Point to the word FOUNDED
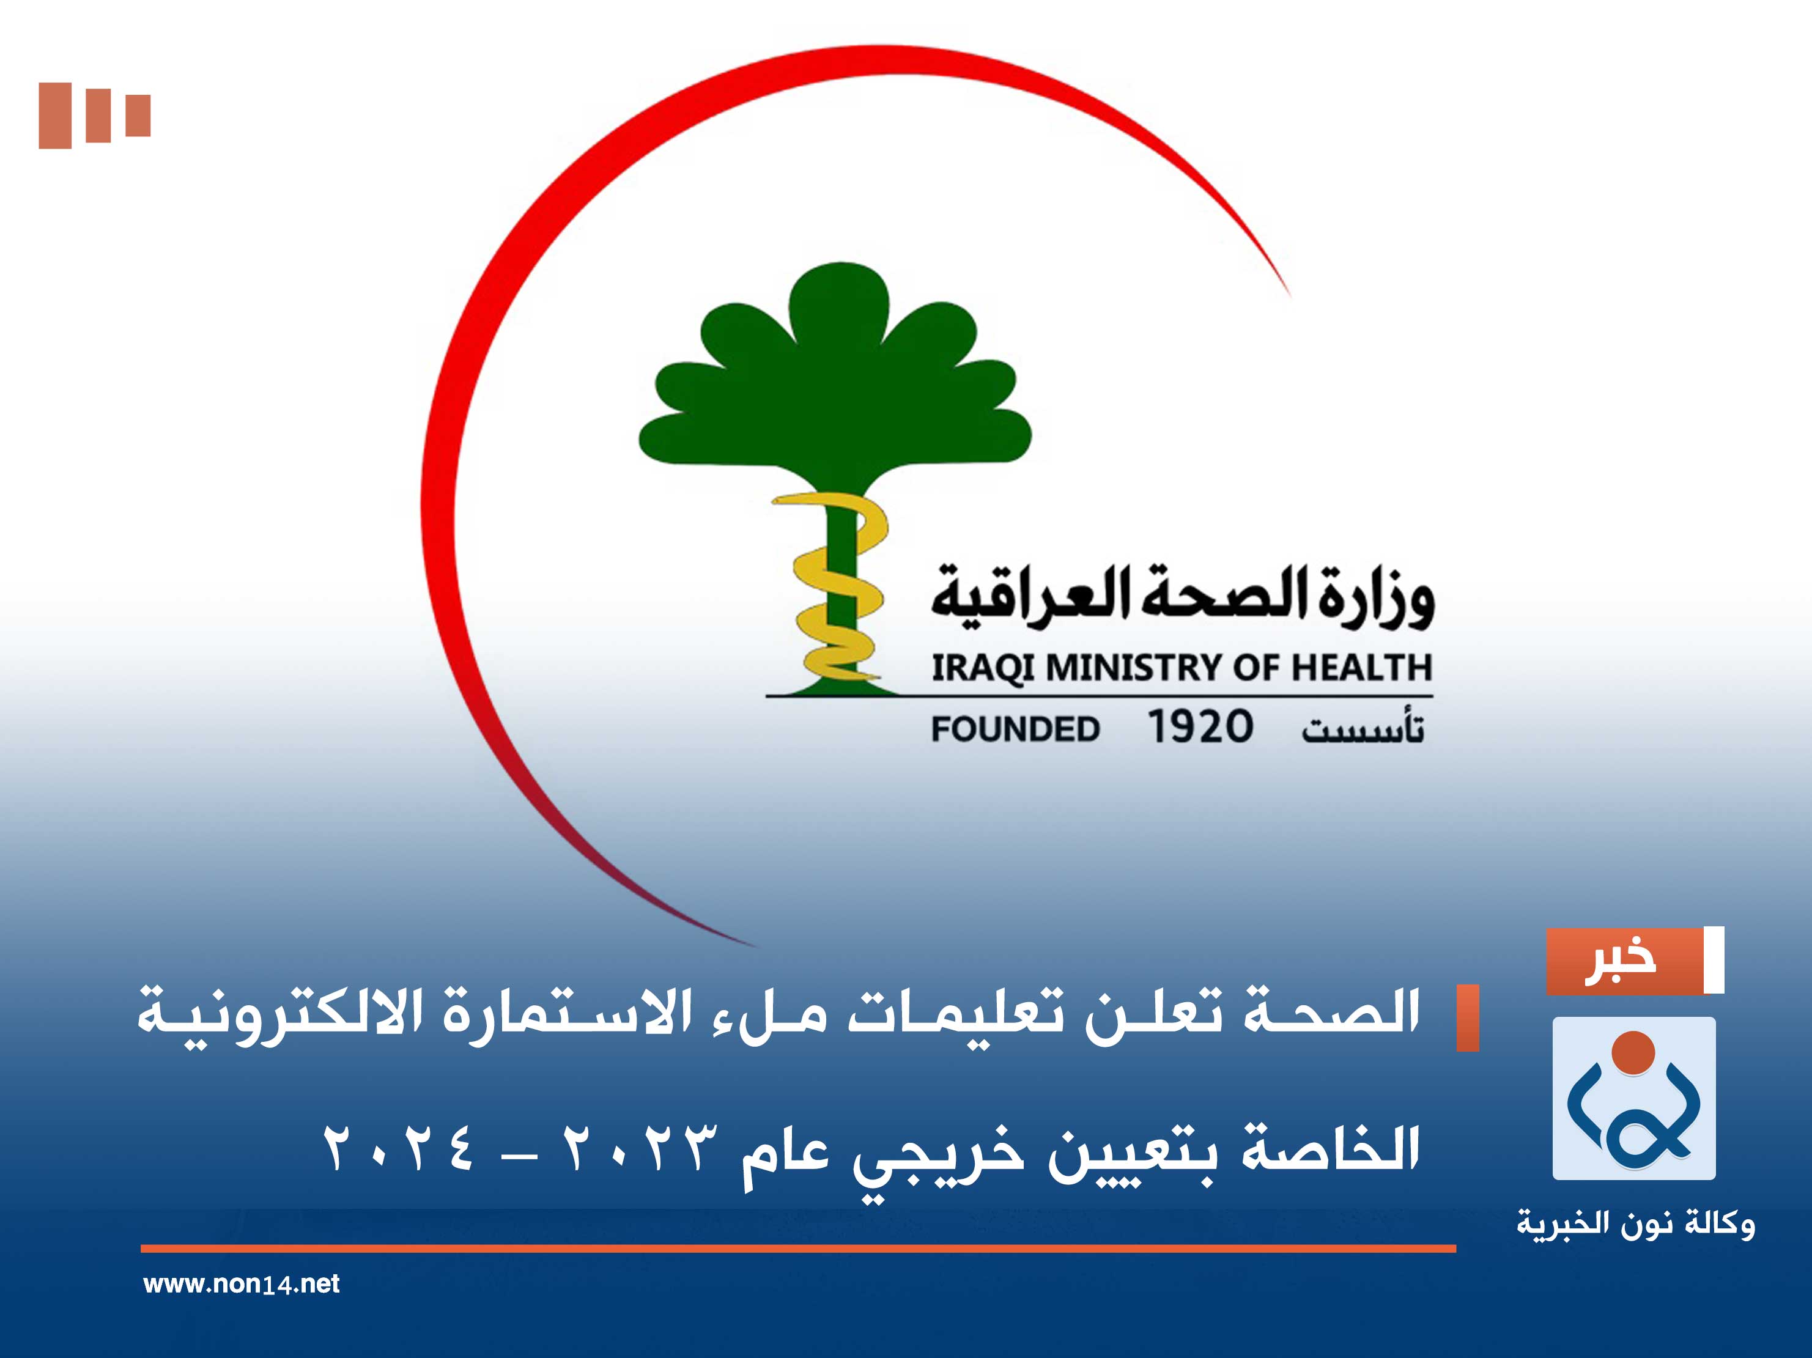[x=1015, y=728]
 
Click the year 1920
[x=1199, y=726]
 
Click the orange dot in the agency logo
[x=1633, y=1052]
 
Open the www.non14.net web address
[x=242, y=1283]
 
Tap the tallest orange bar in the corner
[x=55, y=116]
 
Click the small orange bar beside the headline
[x=1467, y=1017]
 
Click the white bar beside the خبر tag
[x=1714, y=960]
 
